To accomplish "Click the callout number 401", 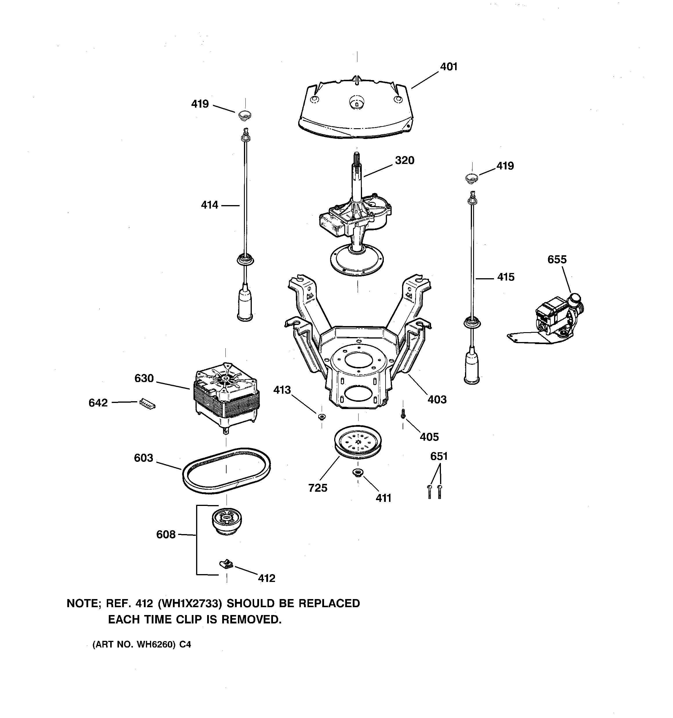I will (449, 67).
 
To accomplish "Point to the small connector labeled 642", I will (147, 404).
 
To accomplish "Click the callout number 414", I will (209, 205).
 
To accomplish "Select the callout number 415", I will (505, 277).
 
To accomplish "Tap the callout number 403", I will (437, 399).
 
